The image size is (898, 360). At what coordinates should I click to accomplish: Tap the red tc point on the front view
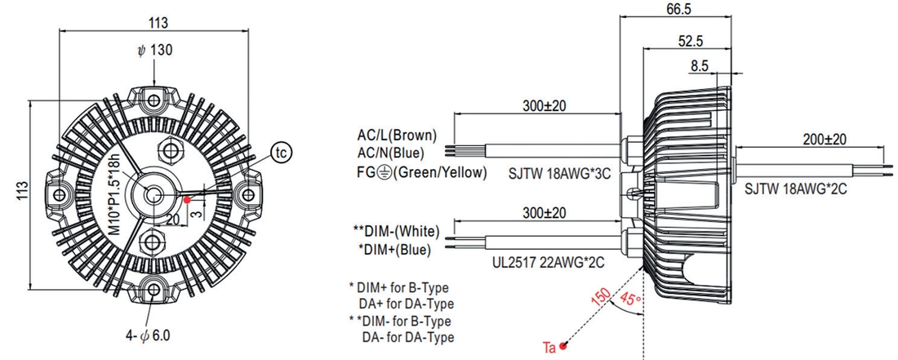(187, 200)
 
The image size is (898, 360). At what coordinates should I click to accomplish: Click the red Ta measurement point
(563, 345)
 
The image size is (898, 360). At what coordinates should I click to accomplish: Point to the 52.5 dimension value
(691, 41)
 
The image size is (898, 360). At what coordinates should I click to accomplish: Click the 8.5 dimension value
(700, 66)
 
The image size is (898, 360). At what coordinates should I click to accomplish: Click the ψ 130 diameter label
(154, 51)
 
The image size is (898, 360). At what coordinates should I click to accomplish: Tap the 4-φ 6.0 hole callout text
(147, 336)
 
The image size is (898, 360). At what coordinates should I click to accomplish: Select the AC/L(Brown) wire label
(397, 136)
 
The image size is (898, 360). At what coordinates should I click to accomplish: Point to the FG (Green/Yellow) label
(422, 172)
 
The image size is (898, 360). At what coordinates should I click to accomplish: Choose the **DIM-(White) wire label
(396, 233)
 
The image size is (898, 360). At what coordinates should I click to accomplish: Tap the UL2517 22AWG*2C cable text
(549, 264)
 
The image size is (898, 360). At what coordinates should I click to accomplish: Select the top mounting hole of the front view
(153, 101)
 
